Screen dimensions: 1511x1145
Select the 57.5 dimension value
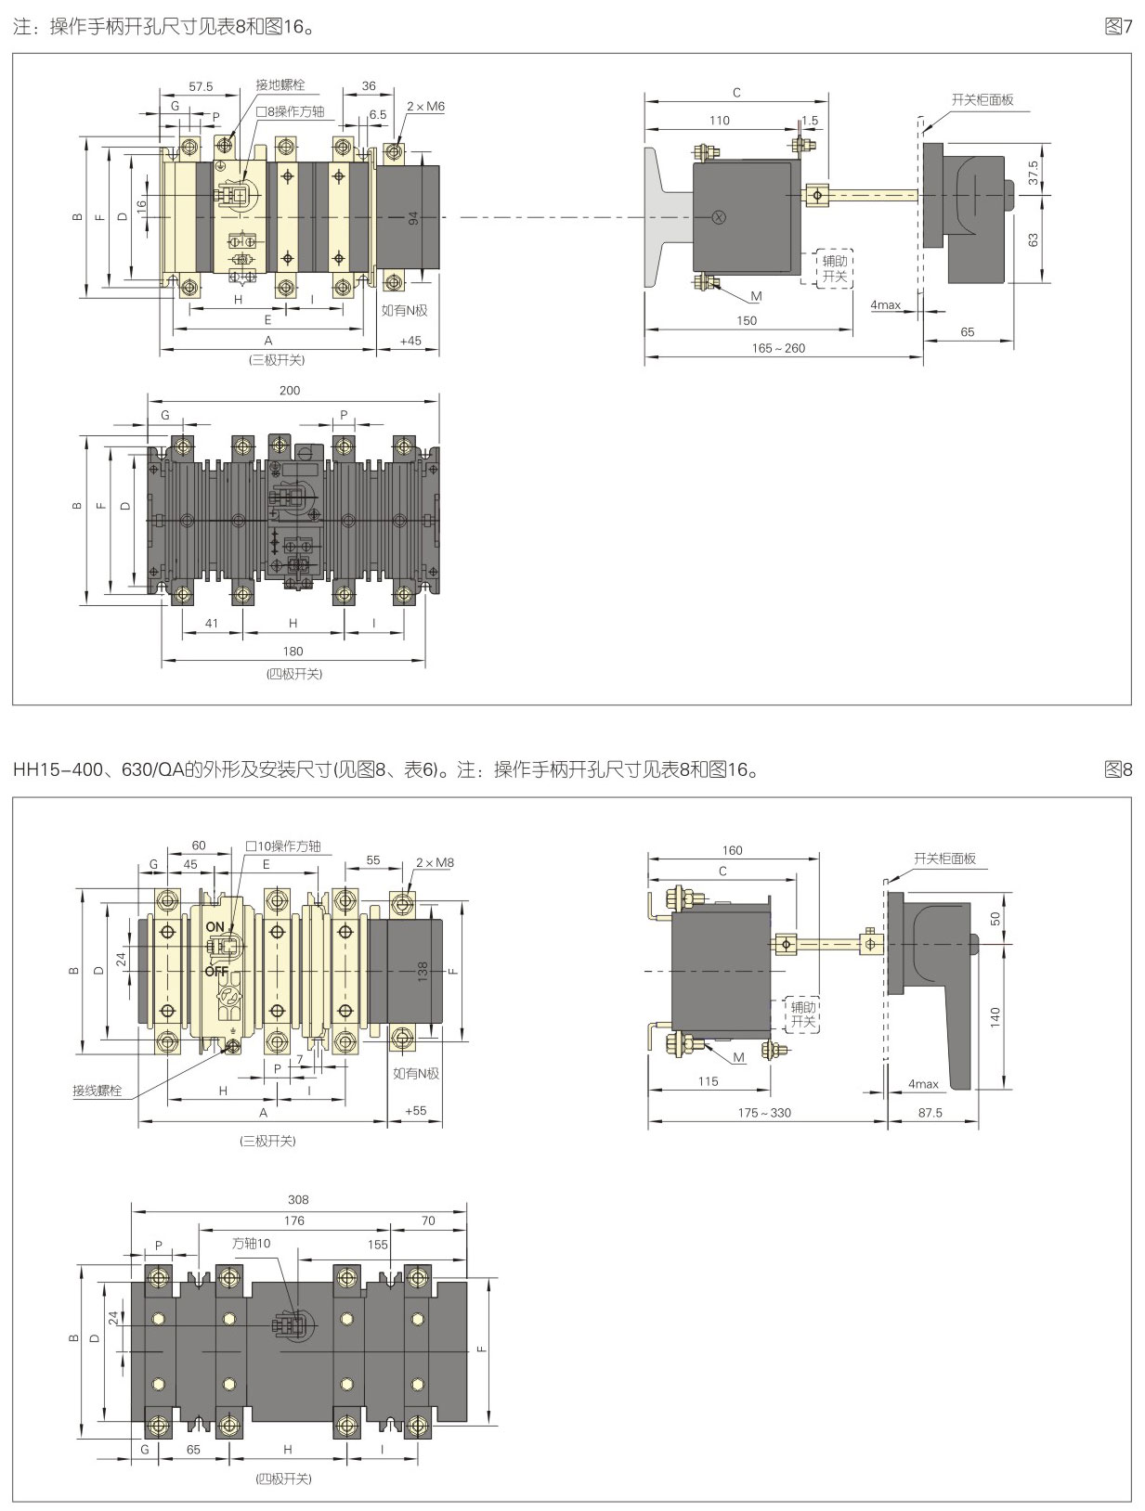click(201, 86)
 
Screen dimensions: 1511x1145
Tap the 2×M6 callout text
click(425, 107)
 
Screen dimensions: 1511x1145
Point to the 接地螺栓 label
click(280, 85)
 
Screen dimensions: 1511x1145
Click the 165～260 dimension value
click(778, 348)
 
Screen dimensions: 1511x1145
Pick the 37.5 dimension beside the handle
click(1034, 171)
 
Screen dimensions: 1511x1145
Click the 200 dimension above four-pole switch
click(290, 391)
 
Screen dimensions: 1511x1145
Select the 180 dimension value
click(293, 652)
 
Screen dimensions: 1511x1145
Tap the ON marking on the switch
click(215, 926)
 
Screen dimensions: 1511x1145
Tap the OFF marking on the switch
click(216, 972)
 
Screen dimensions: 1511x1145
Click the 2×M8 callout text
click(435, 862)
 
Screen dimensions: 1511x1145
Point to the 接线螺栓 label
click(98, 1091)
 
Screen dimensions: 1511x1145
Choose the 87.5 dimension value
click(930, 1112)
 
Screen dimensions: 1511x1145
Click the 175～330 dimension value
click(764, 1112)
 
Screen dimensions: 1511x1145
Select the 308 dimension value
click(298, 1199)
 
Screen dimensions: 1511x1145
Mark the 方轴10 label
click(251, 1243)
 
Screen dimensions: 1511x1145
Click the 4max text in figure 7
click(885, 304)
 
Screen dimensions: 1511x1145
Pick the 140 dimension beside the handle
click(995, 1017)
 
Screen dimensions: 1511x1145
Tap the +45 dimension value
click(410, 341)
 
